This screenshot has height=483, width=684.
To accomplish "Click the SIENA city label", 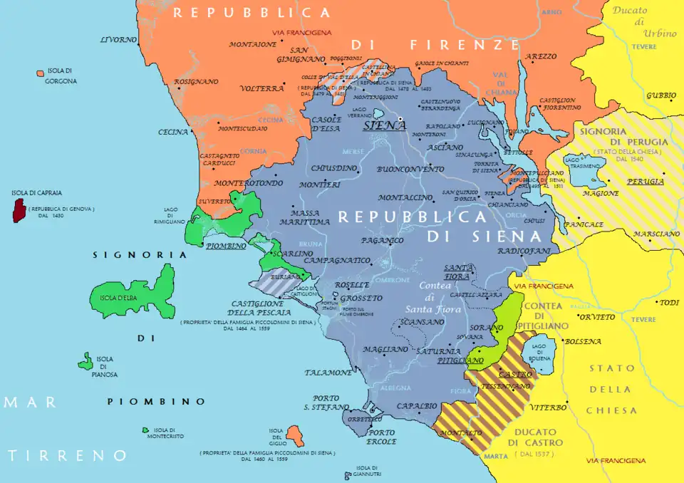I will (385, 125).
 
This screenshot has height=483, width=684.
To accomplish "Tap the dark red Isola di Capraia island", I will (19, 210).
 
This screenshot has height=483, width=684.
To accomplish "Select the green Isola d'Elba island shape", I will (135, 294).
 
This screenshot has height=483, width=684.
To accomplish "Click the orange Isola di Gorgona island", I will (40, 73).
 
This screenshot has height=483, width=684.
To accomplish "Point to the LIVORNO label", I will (118, 39).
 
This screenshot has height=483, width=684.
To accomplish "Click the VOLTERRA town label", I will (261, 89).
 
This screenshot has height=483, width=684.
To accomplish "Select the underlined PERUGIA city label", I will (646, 182).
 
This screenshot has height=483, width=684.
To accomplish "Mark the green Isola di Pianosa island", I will (85, 363).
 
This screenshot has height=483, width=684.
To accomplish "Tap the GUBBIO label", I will (661, 95).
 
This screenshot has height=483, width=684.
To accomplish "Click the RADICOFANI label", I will (524, 251).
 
